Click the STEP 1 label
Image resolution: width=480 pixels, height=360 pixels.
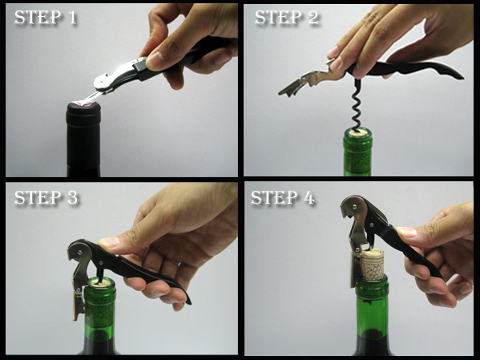click(x=46, y=18)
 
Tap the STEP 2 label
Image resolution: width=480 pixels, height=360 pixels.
click(x=287, y=18)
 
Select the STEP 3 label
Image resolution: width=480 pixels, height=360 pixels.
click(x=46, y=197)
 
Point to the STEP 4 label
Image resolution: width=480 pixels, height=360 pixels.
click(x=283, y=197)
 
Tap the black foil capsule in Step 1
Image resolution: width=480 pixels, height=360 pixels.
click(x=83, y=138)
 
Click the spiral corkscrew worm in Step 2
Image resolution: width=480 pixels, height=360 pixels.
click(x=356, y=104)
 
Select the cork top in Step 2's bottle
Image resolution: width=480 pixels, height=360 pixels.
click(x=357, y=132)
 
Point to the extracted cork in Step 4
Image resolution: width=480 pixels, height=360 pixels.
click(x=372, y=265)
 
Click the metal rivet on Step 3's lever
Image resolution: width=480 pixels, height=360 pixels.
click(x=80, y=252)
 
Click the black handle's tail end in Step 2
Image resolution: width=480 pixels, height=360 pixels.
click(x=458, y=75)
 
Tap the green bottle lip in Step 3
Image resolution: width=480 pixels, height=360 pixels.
click(x=100, y=283)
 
